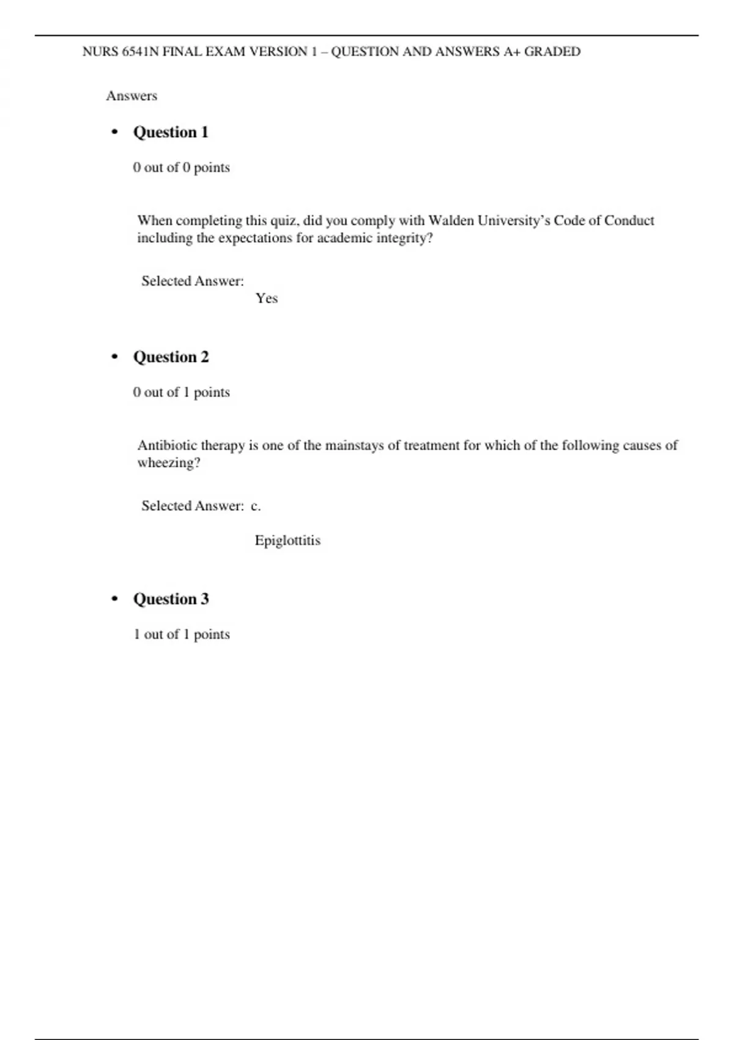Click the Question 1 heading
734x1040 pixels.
171,132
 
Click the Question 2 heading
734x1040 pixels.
171,357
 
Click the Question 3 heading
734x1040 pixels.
171,599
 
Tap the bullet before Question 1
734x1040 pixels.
114,132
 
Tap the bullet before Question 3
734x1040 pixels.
114,599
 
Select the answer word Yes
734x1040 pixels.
267,298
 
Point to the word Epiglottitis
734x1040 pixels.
287,540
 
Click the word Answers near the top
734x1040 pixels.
132,95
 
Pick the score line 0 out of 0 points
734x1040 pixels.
181,167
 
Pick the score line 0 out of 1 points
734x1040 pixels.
181,392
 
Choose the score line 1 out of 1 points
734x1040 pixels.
181,634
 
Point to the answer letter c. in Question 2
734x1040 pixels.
256,506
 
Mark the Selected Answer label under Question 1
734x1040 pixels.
192,281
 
